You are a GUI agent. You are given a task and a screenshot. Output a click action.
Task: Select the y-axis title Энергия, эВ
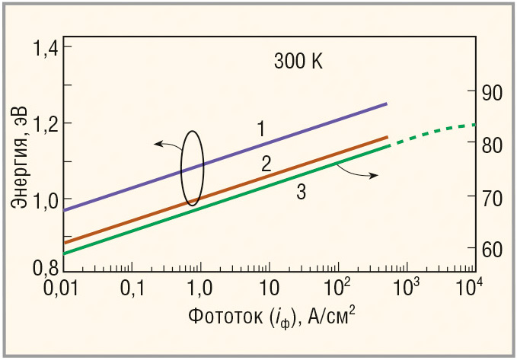[21, 157]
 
